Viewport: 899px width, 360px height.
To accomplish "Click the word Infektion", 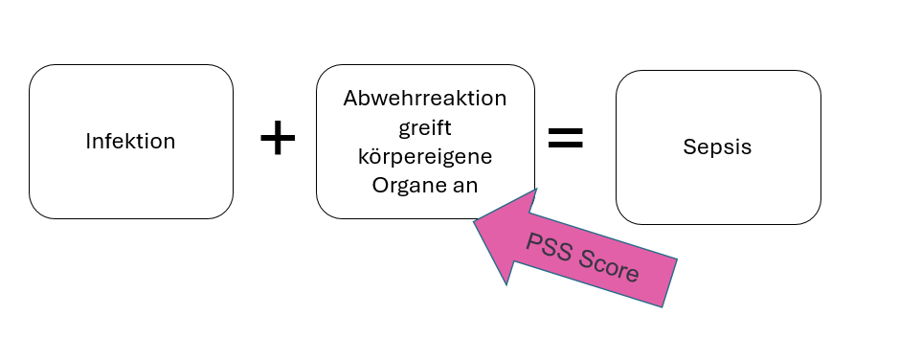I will point(130,142).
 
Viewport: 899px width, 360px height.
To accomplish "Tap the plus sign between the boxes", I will point(278,140).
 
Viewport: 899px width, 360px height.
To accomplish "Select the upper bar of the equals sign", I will point(565,131).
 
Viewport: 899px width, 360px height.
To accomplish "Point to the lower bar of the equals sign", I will point(565,146).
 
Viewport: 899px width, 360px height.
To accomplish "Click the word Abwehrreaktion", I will point(425,99).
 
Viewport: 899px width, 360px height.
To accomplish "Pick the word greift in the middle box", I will point(424,127).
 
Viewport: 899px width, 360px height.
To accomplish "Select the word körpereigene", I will point(425,155).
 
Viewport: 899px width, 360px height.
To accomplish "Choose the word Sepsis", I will point(717,147).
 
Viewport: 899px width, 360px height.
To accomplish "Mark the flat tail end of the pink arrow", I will point(669,283).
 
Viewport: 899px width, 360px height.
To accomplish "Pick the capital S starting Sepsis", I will point(689,147).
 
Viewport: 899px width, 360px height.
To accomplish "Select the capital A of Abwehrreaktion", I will point(349,99).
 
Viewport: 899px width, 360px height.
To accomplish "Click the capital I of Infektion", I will point(88,142).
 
